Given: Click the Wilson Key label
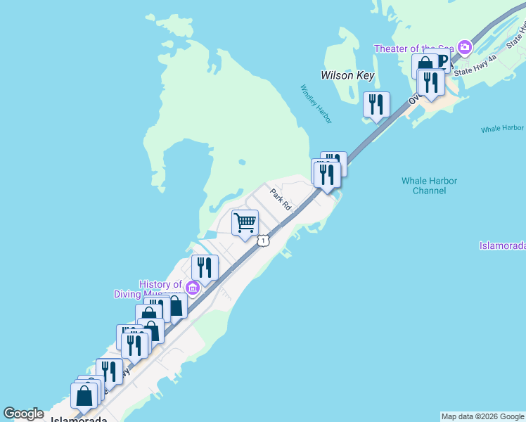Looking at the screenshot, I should pos(347,75).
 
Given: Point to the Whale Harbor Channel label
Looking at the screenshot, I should pos(429,186).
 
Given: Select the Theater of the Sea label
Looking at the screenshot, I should pos(414,48).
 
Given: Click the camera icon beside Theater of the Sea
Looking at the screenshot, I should pos(463,48).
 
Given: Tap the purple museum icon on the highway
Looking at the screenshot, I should pos(191,287).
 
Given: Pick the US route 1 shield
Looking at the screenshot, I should pos(262,241).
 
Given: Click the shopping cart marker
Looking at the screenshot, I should pos(245,222).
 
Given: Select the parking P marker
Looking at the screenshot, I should pos(442,60).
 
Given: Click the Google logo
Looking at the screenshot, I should pos(23,414).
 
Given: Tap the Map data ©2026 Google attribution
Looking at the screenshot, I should pos(482,416).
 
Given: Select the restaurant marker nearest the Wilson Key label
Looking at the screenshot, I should pos(376,104).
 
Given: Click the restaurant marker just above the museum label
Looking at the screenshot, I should pos(205,267).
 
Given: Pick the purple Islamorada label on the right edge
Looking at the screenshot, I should pos(503,245).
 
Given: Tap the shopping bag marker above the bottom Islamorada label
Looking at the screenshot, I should pos(84,395).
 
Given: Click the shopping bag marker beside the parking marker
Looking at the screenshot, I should pos(425,65).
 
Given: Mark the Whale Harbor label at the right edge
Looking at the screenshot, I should pos(503,129).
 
